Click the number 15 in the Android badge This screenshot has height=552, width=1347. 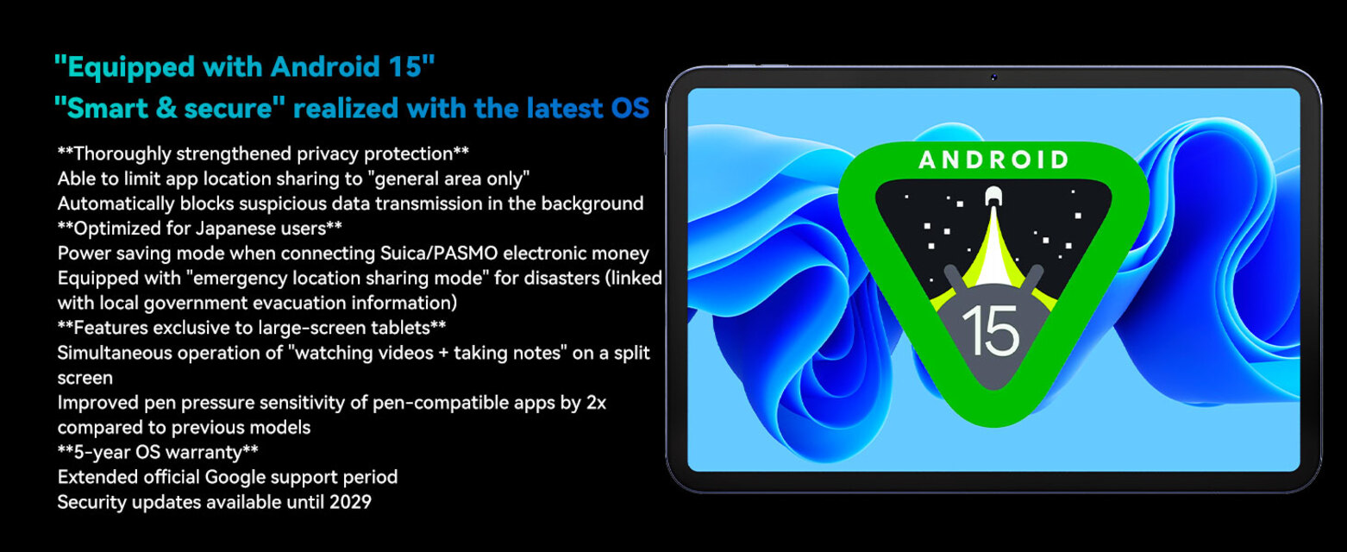coord(990,330)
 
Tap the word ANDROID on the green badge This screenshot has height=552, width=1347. coord(993,160)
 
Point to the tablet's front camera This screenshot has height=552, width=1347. coord(993,77)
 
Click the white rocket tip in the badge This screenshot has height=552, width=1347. coord(993,196)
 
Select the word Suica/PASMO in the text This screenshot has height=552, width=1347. coord(438,254)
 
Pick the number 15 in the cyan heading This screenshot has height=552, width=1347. coord(405,66)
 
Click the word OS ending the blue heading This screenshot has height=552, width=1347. coord(630,108)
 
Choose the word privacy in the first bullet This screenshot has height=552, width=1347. coord(328,154)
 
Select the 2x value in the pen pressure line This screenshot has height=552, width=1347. coord(596,402)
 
